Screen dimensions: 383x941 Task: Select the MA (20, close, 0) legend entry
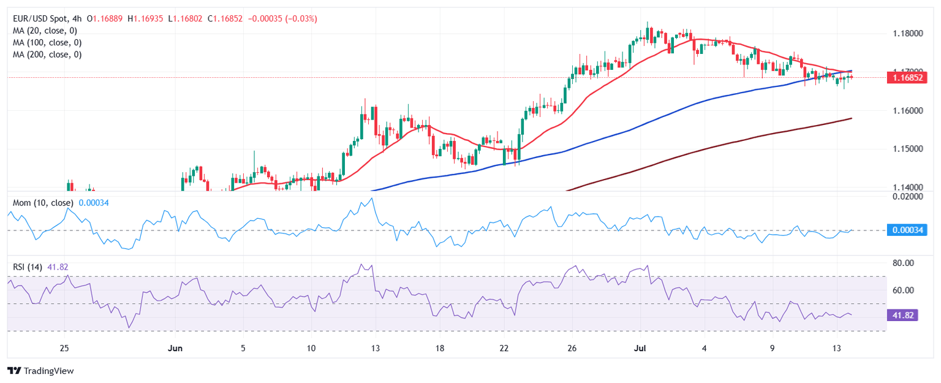coord(47,31)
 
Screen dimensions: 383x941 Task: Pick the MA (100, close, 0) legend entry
coord(49,42)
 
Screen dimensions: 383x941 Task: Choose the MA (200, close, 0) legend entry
coord(49,54)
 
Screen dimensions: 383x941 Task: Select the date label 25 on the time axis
coord(64,348)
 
